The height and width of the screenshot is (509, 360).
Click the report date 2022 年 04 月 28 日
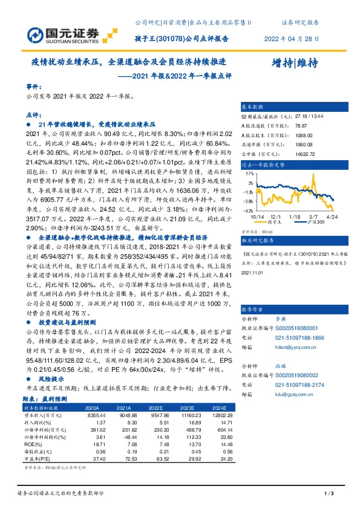[292, 38]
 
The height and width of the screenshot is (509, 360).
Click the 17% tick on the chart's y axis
[249, 173]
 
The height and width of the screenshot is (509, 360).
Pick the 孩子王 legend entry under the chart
[279, 222]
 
